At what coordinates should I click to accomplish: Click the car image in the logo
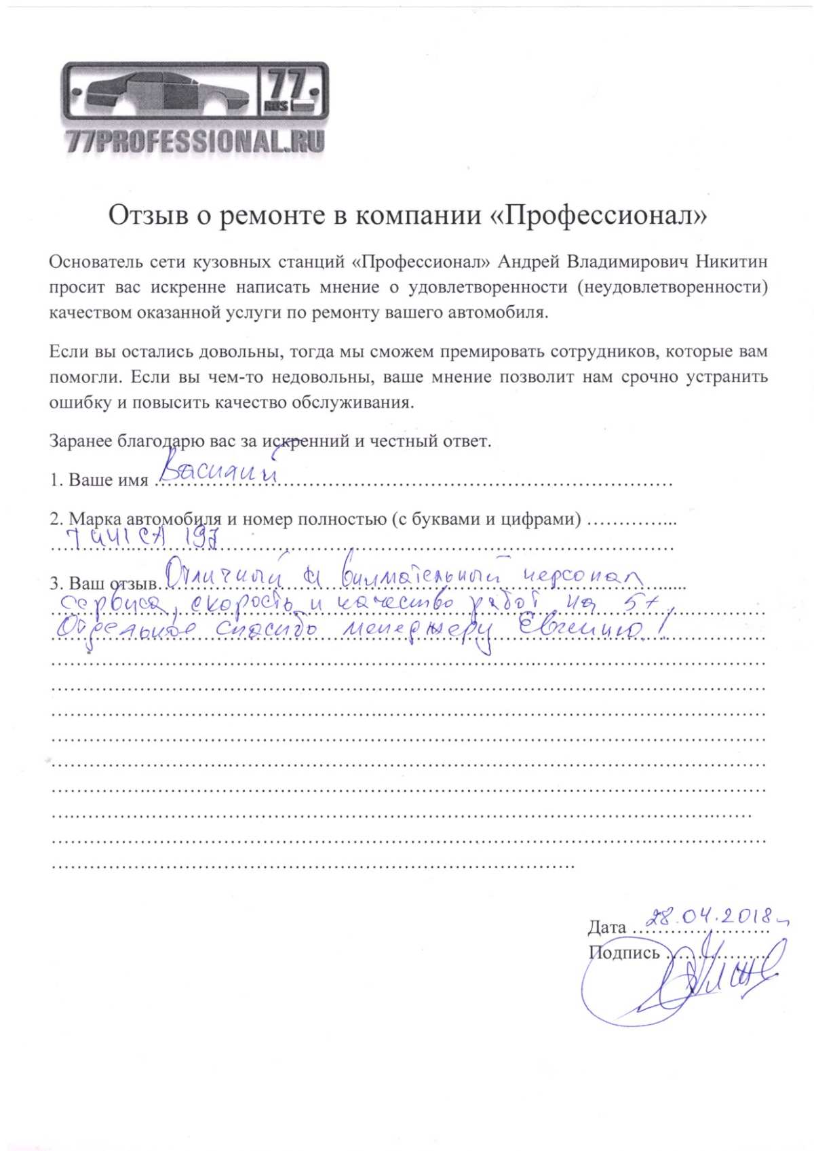click(x=163, y=92)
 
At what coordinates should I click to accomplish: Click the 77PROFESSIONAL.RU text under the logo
click(x=195, y=140)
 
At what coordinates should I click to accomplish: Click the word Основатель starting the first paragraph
click(x=96, y=261)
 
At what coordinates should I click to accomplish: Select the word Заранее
click(x=81, y=441)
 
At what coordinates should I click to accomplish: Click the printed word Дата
click(x=607, y=927)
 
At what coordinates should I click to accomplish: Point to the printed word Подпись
click(x=624, y=953)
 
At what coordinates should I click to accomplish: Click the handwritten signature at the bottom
click(x=685, y=977)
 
